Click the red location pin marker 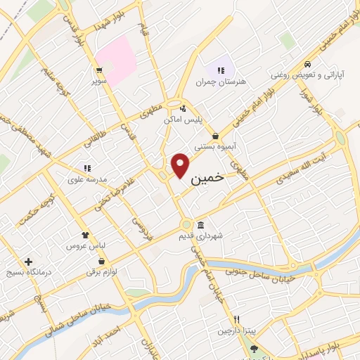click(181, 165)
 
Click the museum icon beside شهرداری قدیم click(201, 225)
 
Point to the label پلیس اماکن click(183, 120)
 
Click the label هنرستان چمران click(229, 82)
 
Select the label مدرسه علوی click(86, 179)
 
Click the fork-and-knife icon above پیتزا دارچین click(237, 319)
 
